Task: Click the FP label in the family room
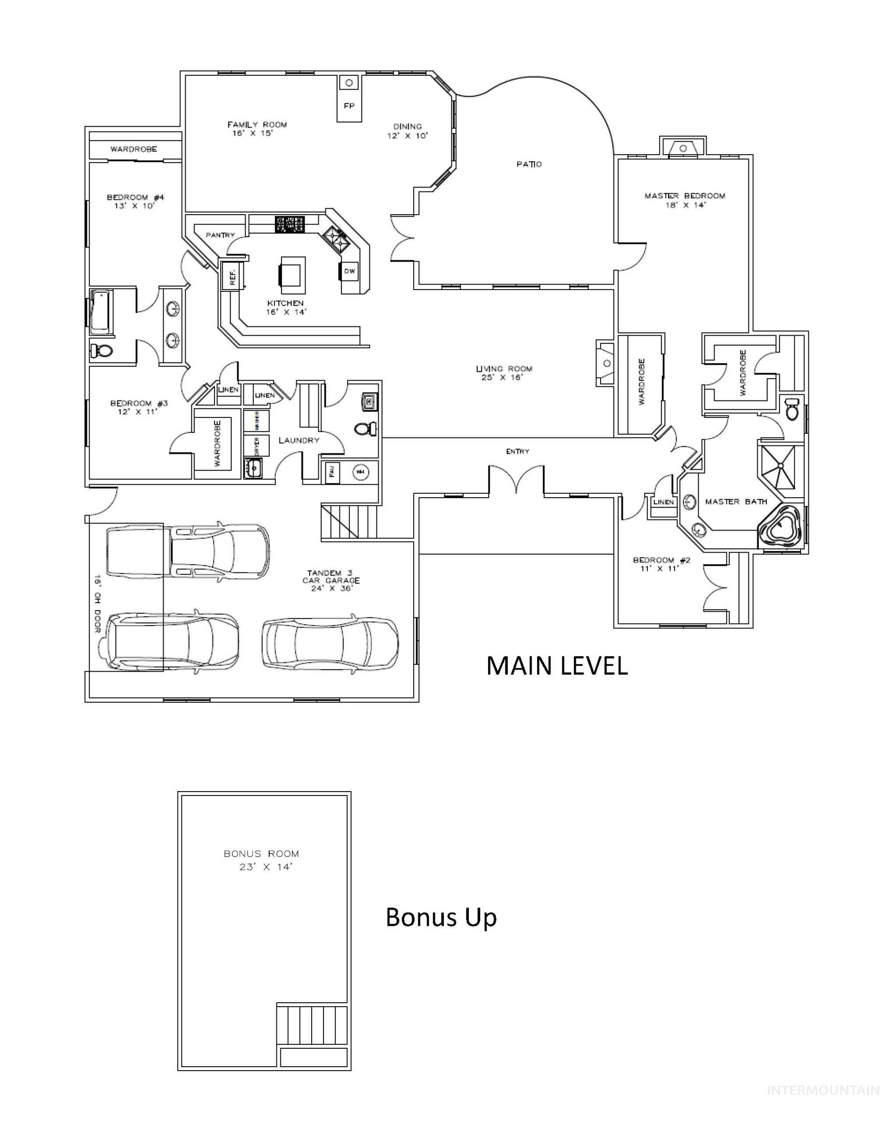tap(349, 106)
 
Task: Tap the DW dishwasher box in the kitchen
tap(349, 271)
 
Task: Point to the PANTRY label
tap(220, 235)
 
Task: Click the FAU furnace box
tap(331, 473)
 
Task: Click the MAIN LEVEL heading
tap(556, 666)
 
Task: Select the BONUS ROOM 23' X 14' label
tap(262, 860)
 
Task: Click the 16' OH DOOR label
tap(97, 604)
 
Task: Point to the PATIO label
tap(529, 164)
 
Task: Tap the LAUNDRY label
tap(298, 440)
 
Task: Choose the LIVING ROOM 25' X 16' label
tap(503, 373)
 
